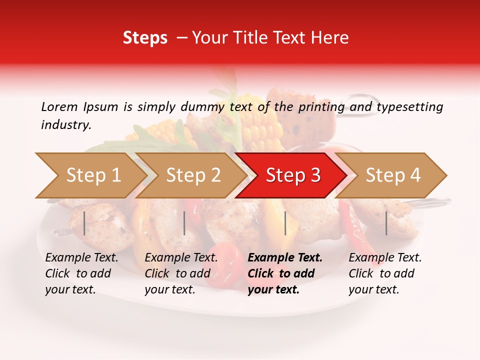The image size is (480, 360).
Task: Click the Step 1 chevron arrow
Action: click(x=92, y=175)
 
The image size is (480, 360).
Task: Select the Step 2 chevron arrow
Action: click(x=192, y=175)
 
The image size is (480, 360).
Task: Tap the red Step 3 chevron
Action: click(x=292, y=175)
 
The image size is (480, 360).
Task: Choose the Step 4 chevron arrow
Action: click(x=392, y=175)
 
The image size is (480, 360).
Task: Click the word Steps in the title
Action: click(x=145, y=37)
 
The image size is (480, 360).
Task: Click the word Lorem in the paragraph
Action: click(x=59, y=106)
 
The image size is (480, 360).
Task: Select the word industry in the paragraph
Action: click(x=65, y=124)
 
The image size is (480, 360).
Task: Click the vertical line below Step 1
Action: click(x=84, y=223)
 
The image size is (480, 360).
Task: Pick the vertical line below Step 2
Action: click(x=184, y=223)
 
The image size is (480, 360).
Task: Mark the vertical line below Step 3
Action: click(x=285, y=223)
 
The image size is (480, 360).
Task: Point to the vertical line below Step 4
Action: click(x=386, y=223)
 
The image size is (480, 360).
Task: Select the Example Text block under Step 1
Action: click(x=81, y=273)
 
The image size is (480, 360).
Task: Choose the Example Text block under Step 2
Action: click(x=180, y=273)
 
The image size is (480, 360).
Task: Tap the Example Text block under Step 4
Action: click(x=384, y=273)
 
